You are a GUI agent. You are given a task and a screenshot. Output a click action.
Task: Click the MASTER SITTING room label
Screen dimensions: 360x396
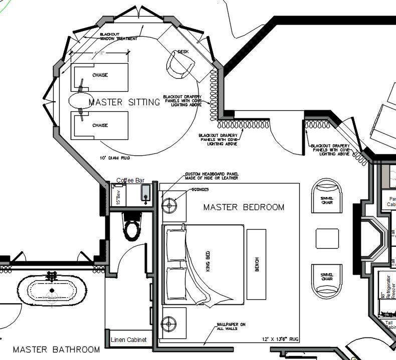coord(124,102)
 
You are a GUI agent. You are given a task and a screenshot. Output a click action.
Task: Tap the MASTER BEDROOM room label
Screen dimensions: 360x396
coord(244,207)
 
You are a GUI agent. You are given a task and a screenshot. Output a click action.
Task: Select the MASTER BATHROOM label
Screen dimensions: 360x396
coord(56,349)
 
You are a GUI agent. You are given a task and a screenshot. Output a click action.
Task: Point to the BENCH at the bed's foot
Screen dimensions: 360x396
coord(256,264)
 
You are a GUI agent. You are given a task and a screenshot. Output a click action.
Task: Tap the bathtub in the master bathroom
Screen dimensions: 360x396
coord(51,290)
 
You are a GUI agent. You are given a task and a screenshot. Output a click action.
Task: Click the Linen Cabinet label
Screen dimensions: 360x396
coord(128,339)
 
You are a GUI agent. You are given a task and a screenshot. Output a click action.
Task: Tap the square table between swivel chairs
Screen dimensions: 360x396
coord(327,238)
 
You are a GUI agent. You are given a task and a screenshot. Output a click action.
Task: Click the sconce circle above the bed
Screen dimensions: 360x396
coord(169,205)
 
